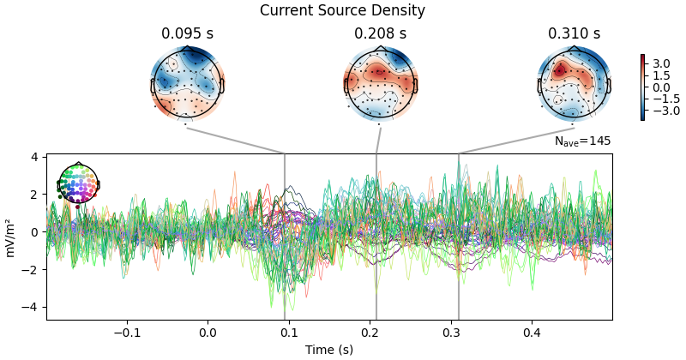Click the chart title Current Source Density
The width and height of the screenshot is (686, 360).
click(x=342, y=11)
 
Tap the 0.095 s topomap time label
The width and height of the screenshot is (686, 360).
click(x=187, y=34)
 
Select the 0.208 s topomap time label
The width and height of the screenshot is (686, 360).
click(x=380, y=34)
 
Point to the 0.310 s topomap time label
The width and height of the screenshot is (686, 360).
click(x=574, y=34)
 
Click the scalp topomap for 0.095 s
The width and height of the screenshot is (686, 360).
click(x=187, y=83)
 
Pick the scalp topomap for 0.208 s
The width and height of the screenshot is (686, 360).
click(x=380, y=83)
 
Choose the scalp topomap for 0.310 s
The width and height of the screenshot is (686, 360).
click(x=574, y=83)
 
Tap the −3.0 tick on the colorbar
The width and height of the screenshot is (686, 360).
click(x=660, y=111)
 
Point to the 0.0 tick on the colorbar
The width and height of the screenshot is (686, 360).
click(x=660, y=87)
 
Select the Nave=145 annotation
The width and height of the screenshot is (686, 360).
click(x=582, y=141)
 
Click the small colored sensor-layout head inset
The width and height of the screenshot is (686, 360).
click(x=78, y=183)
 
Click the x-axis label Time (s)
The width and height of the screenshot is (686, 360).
click(x=329, y=350)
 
